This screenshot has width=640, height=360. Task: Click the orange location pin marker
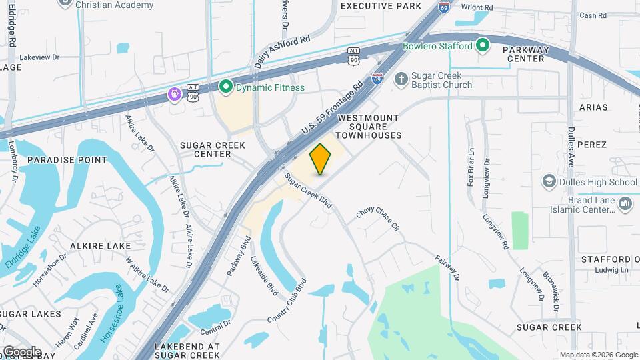(321, 159)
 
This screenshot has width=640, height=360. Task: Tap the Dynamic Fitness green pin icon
(225, 87)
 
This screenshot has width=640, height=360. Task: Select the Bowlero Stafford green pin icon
(483, 46)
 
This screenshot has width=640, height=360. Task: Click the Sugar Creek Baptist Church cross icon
(400, 79)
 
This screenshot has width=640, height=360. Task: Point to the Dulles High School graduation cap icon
(549, 181)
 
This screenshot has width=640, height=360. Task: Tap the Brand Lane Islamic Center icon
(625, 204)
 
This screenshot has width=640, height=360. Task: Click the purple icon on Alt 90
(174, 94)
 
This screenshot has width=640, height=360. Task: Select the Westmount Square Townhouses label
(369, 127)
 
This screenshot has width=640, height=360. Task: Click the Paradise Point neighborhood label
(67, 160)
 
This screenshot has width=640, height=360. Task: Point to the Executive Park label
(381, 6)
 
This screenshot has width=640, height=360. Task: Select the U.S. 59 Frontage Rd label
(332, 106)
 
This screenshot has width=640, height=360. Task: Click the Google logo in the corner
(21, 351)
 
